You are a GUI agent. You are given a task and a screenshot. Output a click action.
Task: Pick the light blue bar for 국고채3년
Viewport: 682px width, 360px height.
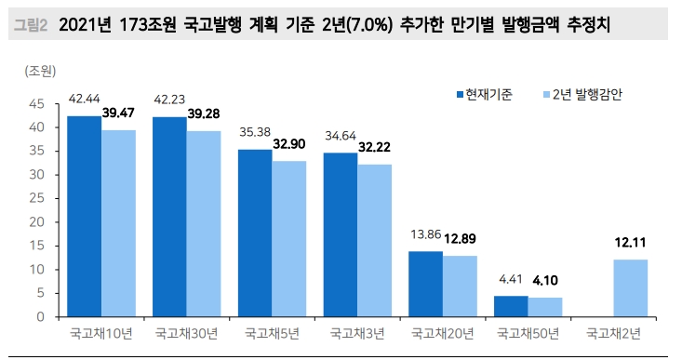pos(375,240)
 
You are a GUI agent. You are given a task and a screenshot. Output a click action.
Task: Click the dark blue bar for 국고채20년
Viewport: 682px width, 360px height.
pos(425,284)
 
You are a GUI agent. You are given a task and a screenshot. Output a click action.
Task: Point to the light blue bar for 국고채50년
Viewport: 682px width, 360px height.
pos(545,307)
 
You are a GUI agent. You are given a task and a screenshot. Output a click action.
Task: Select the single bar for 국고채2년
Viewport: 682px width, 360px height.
pos(630,287)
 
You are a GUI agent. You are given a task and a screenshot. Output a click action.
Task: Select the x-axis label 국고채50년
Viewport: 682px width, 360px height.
pos(528,331)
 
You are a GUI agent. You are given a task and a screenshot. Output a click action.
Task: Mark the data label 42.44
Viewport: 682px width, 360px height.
pos(84,99)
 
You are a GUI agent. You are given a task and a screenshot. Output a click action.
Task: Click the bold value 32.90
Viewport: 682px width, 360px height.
pos(289,144)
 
